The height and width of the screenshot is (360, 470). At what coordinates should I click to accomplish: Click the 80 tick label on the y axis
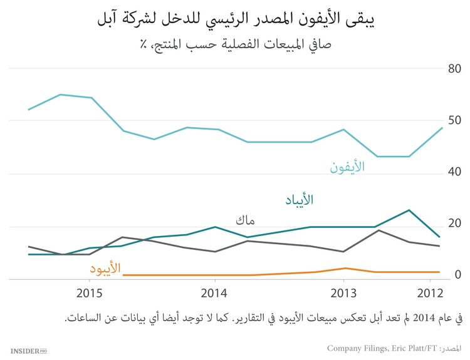pyautogui.click(x=454, y=69)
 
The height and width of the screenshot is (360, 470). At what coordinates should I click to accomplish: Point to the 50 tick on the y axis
pyautogui.click(x=454, y=120)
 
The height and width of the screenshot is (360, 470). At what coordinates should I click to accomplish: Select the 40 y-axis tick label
pyautogui.click(x=454, y=172)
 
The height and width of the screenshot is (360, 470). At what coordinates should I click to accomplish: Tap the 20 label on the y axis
pyautogui.click(x=454, y=224)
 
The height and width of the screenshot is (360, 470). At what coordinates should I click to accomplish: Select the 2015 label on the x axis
pyautogui.click(x=90, y=293)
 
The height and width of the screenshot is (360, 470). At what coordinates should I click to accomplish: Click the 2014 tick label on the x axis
pyautogui.click(x=214, y=293)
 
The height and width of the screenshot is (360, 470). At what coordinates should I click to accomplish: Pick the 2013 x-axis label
pyautogui.click(x=343, y=293)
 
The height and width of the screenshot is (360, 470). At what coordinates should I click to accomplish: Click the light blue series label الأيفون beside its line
pyautogui.click(x=347, y=168)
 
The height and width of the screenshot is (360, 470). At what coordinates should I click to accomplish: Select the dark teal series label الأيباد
pyautogui.click(x=296, y=200)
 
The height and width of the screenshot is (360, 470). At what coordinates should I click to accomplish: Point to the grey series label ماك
pyautogui.click(x=245, y=220)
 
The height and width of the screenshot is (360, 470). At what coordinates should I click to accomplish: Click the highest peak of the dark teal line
pyautogui.click(x=409, y=210)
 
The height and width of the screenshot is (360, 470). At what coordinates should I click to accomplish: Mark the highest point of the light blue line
pyautogui.click(x=60, y=95)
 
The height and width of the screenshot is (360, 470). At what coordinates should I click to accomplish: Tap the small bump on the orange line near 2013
pyautogui.click(x=344, y=268)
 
